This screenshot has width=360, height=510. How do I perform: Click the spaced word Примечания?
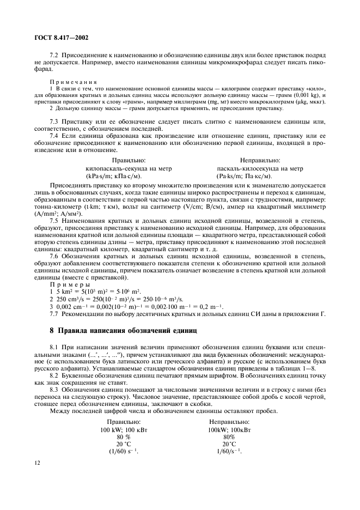click(x=74, y=81)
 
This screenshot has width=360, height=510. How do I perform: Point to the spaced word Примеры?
click(x=70, y=284)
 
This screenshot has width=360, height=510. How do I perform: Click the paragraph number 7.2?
click(x=55, y=56)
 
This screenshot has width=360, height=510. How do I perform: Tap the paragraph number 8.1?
click(x=55, y=347)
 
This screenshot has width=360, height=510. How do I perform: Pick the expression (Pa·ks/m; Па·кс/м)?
click(x=245, y=176)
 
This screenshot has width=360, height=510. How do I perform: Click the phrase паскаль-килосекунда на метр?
click(x=260, y=169)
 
